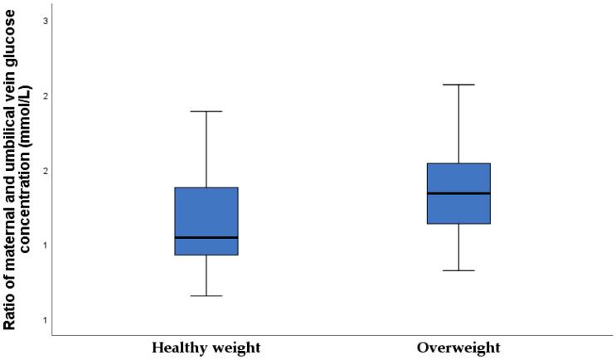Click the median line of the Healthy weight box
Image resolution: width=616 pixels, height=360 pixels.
point(206,237)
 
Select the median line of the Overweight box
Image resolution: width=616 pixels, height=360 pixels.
point(458,193)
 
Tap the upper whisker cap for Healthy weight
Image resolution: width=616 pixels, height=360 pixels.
point(206,111)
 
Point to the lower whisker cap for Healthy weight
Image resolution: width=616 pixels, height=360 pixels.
point(206,295)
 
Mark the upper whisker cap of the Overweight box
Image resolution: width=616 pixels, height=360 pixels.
point(458,85)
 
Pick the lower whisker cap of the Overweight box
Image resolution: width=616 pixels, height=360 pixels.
point(458,270)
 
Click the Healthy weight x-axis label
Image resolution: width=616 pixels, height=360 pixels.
point(206,347)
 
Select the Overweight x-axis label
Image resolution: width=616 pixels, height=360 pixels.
point(458,347)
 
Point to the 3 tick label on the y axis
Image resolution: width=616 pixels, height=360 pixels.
point(44,20)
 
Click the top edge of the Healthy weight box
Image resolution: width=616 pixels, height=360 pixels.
point(206,187)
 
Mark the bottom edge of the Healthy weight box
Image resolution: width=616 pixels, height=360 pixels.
point(206,255)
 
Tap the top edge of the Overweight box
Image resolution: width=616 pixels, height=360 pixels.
point(458,163)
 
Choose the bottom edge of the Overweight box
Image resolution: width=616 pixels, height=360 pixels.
point(458,223)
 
